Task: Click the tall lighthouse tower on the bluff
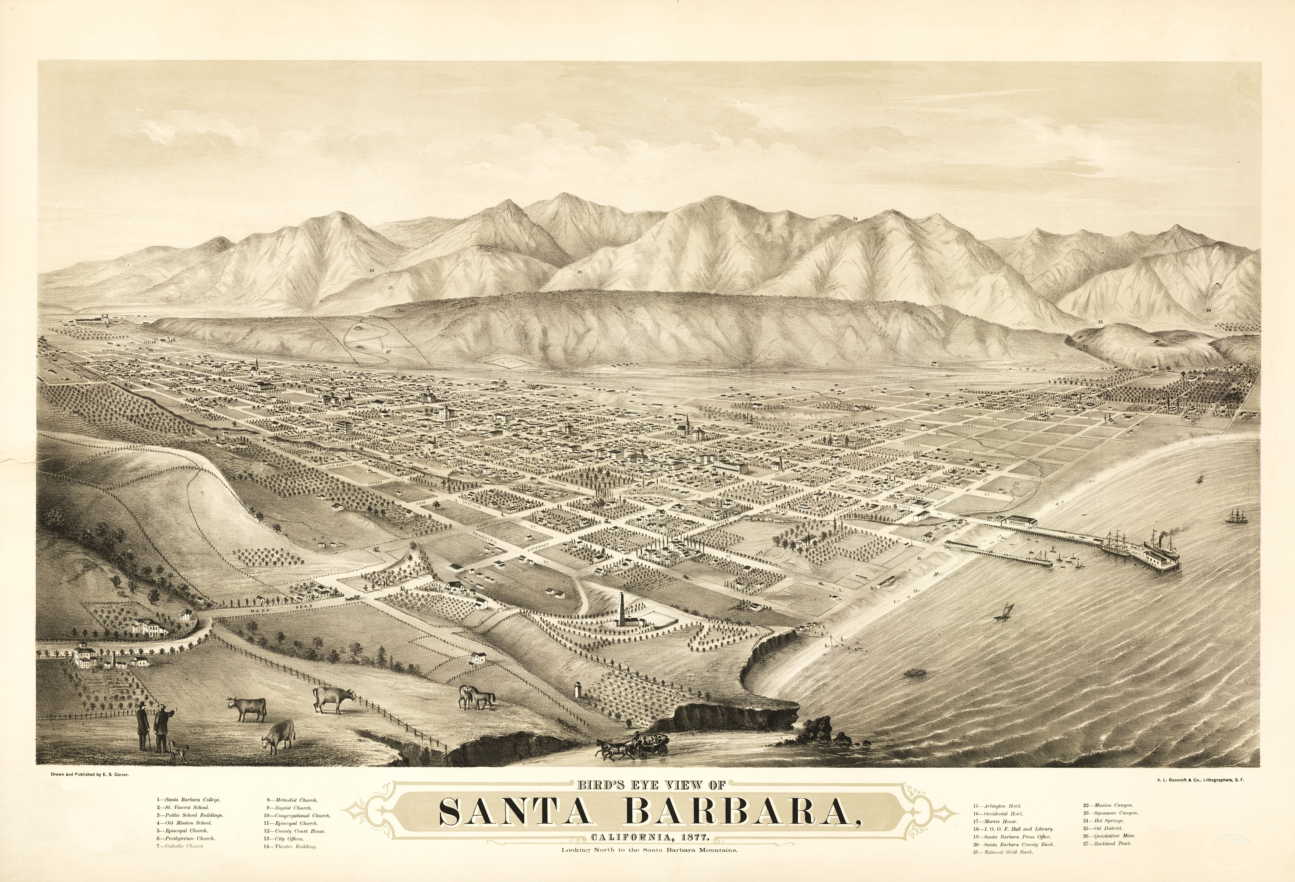[x=621, y=611]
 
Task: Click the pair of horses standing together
[x=477, y=697]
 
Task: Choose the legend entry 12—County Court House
[x=295, y=831]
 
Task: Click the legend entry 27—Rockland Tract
[x=1107, y=844]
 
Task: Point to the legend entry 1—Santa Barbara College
[x=188, y=800]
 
